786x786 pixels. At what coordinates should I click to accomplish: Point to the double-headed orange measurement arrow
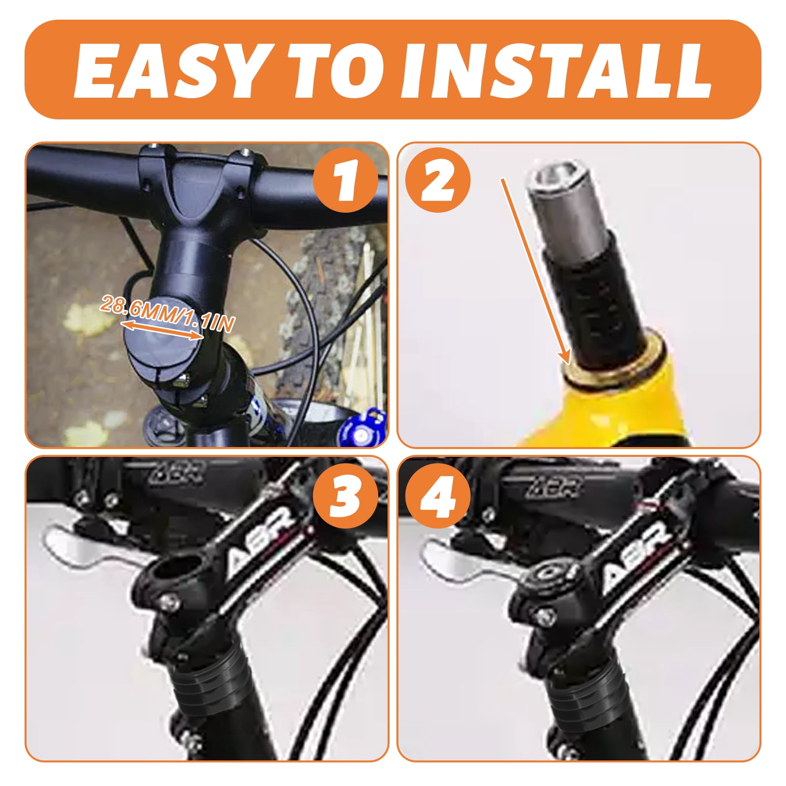(162, 330)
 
